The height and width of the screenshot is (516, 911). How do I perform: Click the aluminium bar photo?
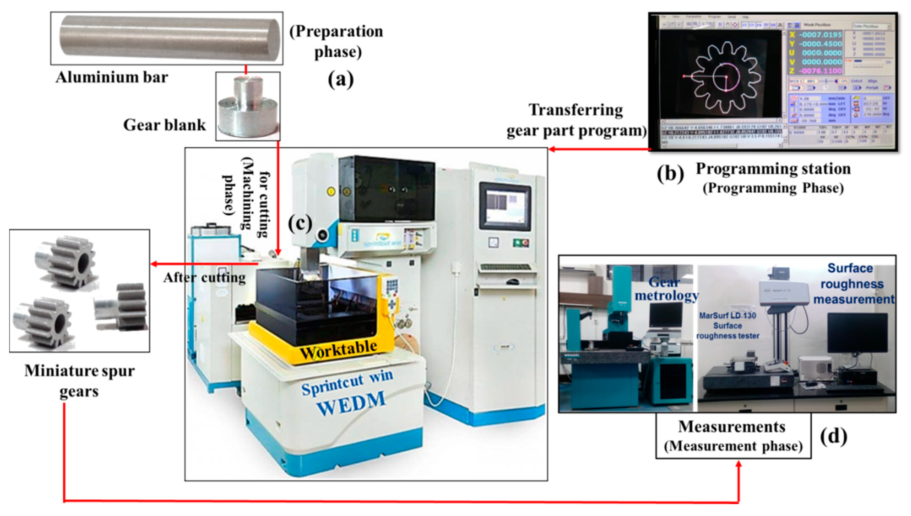pyautogui.click(x=166, y=38)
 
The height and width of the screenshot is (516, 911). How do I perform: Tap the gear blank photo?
pyautogui.click(x=248, y=106)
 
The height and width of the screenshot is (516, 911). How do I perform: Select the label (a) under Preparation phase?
pyautogui.click(x=340, y=79)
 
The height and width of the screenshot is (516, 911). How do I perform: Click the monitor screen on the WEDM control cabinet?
pyautogui.click(x=505, y=206)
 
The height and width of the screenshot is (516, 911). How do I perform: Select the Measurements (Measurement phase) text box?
pyautogui.click(x=733, y=436)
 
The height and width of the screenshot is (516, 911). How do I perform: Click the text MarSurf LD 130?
pyautogui.click(x=727, y=315)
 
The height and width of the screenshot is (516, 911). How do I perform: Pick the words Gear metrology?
pyautogui.click(x=667, y=289)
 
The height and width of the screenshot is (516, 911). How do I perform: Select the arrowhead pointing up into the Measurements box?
pyautogui.click(x=739, y=464)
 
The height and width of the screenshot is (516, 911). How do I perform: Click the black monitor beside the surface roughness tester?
pyautogui.click(x=857, y=333)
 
